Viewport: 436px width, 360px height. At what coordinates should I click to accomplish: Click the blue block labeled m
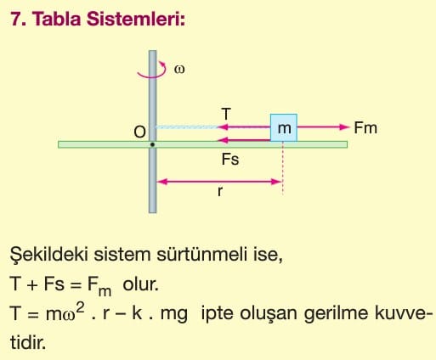coord(284,127)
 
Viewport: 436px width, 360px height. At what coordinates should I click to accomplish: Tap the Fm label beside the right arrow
coord(365,128)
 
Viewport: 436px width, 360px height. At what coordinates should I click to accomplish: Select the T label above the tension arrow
coord(226,115)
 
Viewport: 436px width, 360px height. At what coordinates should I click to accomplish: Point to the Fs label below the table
coord(230,159)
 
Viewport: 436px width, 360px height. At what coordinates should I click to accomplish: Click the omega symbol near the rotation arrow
coord(179,70)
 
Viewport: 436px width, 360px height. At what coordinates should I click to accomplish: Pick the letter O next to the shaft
coord(139,132)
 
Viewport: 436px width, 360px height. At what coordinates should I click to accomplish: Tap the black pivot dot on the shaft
coord(152,144)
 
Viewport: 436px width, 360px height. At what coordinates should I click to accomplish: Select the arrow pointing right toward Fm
coord(323,127)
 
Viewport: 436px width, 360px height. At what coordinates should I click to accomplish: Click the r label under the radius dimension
coord(220,191)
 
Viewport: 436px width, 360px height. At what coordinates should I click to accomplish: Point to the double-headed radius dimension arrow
coord(219,182)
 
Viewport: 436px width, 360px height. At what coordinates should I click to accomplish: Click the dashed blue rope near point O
coord(186,127)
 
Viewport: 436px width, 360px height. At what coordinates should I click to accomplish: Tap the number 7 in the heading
coord(16,20)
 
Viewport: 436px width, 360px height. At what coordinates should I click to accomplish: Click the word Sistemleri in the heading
coord(136,20)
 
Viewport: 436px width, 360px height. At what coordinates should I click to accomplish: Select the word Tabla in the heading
coord(57,20)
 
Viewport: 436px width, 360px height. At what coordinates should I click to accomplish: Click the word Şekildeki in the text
coord(48,255)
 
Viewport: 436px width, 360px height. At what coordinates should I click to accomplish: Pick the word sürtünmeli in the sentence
coord(201,255)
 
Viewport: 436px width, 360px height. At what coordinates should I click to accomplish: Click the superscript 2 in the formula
coord(81,308)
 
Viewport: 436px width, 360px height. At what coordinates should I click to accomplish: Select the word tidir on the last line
coord(28,342)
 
